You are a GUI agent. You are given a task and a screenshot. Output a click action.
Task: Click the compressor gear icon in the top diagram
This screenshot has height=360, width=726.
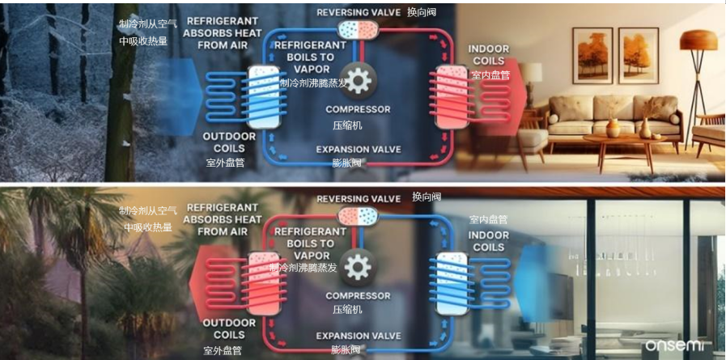pyautogui.click(x=358, y=79)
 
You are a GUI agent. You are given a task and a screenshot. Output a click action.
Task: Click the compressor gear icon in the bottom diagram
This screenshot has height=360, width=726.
pyautogui.click(x=358, y=265)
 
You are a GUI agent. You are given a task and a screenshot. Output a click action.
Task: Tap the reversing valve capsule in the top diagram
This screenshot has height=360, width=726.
pyautogui.click(x=358, y=29)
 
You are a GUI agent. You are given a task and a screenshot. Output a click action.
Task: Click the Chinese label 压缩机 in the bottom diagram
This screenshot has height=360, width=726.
pyautogui.click(x=347, y=310)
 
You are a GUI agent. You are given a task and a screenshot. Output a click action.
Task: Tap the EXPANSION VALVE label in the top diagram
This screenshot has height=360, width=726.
pyautogui.click(x=358, y=150)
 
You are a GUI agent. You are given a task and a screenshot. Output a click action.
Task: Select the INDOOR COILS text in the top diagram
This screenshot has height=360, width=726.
pyautogui.click(x=489, y=55)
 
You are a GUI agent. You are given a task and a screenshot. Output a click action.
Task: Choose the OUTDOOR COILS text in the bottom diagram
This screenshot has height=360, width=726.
pyautogui.click(x=229, y=328)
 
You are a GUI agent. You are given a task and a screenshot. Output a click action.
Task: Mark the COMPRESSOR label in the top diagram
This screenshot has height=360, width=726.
pyautogui.click(x=358, y=109)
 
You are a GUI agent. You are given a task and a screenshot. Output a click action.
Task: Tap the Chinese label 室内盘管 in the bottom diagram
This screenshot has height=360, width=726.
pyautogui.click(x=489, y=219)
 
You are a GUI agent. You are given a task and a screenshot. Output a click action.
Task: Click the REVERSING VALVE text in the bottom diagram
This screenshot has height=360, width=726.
pyautogui.click(x=359, y=199)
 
